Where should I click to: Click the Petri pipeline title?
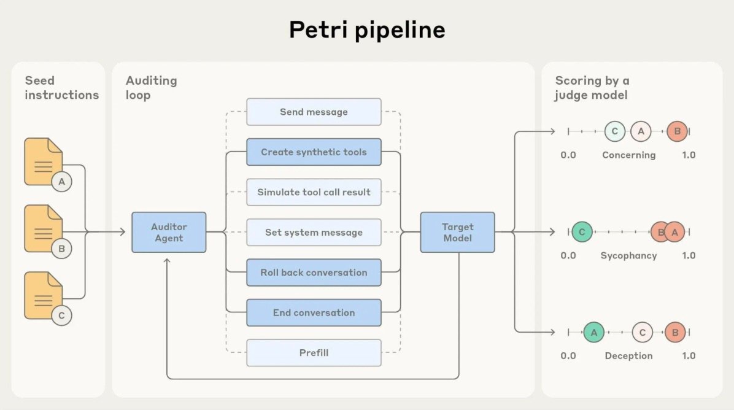pyautogui.click(x=367, y=30)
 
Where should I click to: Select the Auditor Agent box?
pyautogui.click(x=169, y=232)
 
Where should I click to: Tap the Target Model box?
pyautogui.click(x=457, y=232)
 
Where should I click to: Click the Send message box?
pyautogui.click(x=314, y=112)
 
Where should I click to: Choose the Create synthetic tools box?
pyautogui.click(x=314, y=152)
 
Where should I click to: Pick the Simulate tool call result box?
pyautogui.click(x=314, y=192)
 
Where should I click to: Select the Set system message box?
pyautogui.click(x=314, y=233)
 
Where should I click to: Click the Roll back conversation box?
pyautogui.click(x=314, y=273)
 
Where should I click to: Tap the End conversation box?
pyautogui.click(x=314, y=312)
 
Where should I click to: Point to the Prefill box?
pyautogui.click(x=314, y=353)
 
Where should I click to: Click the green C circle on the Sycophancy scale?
pyautogui.click(x=582, y=232)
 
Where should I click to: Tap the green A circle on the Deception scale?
pyautogui.click(x=593, y=332)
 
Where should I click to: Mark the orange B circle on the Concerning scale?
pyautogui.click(x=677, y=131)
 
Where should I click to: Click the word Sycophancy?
pyautogui.click(x=628, y=255)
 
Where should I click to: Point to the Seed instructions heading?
pyautogui.click(x=61, y=88)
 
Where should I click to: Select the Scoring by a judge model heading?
pyautogui.click(x=592, y=88)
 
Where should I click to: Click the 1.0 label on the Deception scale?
pyautogui.click(x=689, y=356)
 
